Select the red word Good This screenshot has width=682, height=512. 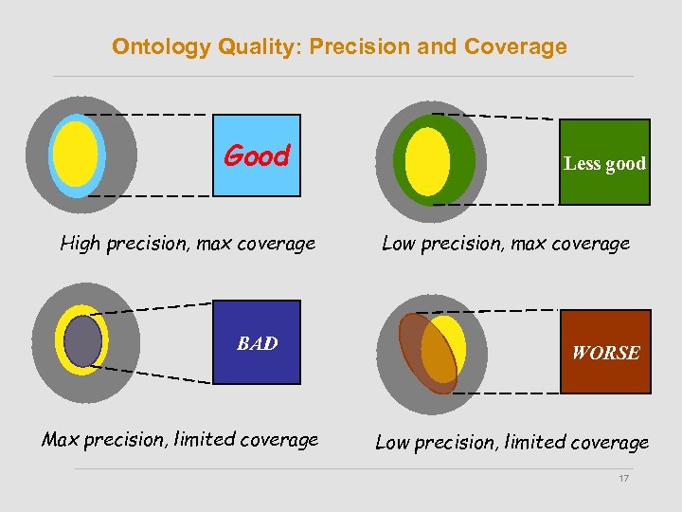pos(256,155)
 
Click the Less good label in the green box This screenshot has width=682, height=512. pos(604,163)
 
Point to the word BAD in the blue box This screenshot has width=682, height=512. pos(257,343)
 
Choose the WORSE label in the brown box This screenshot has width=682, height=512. pos(605,353)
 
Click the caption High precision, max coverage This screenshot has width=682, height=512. pos(188,244)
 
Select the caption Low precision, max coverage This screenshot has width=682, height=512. pos(505,244)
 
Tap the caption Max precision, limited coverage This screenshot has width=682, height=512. pos(180,439)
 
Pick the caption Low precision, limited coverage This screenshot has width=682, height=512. pos(511,442)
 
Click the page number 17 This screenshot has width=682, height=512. pos(623,479)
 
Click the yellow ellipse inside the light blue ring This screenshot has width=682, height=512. pos(75,154)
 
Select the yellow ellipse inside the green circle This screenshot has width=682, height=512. pos(427,161)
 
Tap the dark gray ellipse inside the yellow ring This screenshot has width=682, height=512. pos(82,340)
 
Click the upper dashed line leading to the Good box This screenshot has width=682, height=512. pos(147,114)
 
